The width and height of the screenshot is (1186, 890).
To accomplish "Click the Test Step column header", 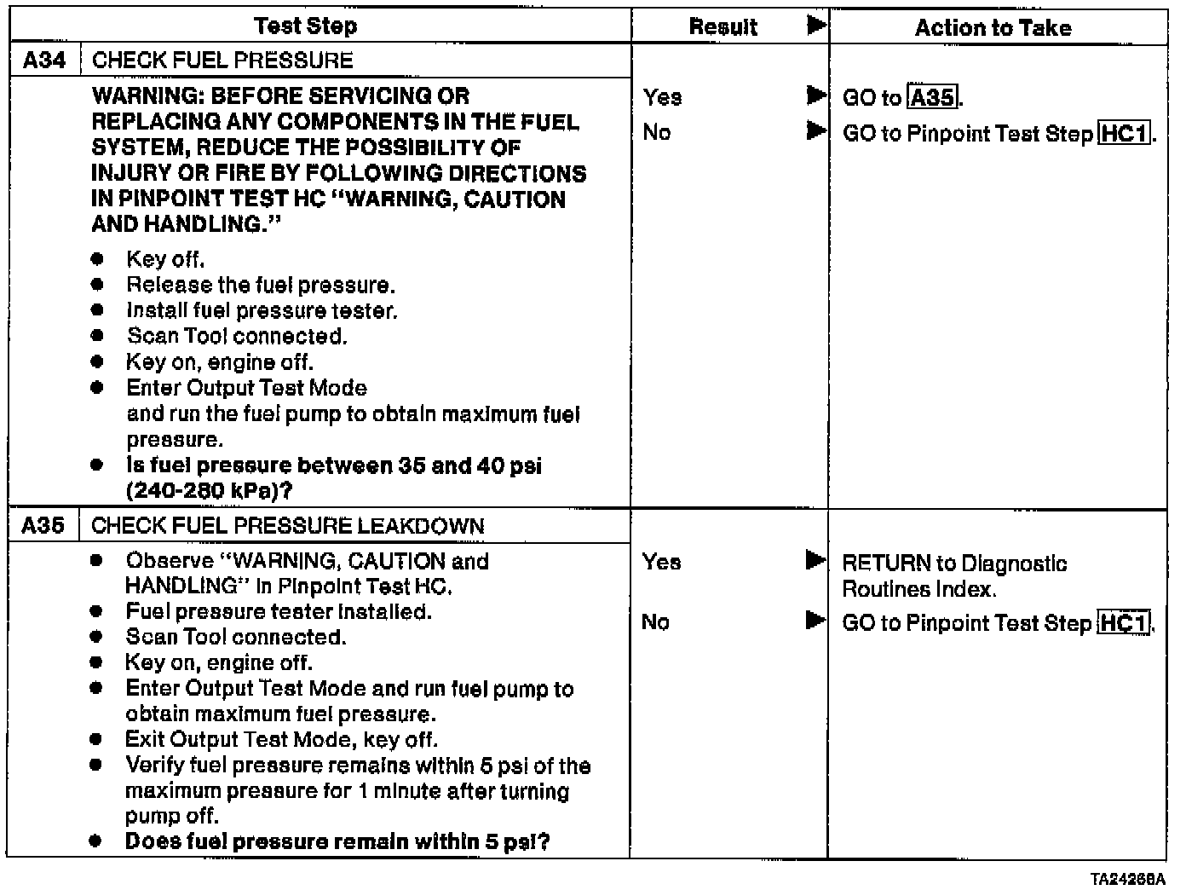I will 306,26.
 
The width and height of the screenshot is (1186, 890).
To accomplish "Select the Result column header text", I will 723,27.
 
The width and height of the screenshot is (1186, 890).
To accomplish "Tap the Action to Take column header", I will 993,28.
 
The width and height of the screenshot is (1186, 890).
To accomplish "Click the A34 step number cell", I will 44,61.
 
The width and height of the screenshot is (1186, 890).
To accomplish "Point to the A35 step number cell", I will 43,525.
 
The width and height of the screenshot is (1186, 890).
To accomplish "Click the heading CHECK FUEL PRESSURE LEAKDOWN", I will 287,526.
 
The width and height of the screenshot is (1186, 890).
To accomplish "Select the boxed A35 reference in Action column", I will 933,98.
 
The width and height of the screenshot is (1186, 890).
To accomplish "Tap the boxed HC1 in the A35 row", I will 1124,623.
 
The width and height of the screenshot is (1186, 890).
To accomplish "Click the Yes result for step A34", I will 662,97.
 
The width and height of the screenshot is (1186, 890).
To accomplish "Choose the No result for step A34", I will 657,132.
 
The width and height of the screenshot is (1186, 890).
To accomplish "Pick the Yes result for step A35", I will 661,562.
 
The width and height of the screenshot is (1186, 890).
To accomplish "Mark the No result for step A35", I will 655,622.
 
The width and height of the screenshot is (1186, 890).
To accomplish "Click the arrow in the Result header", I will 816,26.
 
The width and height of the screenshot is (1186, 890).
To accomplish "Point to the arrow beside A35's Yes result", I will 815,561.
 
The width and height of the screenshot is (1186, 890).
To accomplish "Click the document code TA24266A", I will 1127,879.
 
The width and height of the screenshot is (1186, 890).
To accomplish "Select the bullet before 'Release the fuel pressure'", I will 99,285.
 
